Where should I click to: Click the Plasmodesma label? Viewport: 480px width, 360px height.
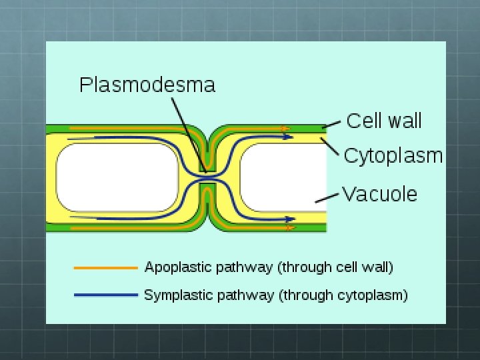[x=147, y=85]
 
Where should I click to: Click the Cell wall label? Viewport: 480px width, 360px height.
[x=384, y=121]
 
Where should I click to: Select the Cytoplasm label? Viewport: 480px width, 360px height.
[x=393, y=155]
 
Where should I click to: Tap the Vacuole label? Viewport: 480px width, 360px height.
[x=379, y=194]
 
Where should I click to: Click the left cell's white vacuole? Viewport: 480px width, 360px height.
[x=117, y=177]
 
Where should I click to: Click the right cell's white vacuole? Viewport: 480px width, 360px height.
[x=280, y=177]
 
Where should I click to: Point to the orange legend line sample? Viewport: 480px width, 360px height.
[x=105, y=268]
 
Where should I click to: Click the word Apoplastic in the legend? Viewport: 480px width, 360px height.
[x=174, y=268]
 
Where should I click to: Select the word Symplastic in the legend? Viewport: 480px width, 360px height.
[x=175, y=295]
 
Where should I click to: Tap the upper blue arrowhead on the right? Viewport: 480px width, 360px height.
[x=289, y=137]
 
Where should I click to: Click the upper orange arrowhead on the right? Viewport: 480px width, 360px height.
[x=285, y=127]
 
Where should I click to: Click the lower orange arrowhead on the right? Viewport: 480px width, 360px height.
[x=289, y=228]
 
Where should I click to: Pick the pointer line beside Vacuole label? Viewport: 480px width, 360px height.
[x=326, y=197]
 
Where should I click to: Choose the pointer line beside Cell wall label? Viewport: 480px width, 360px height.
[x=333, y=124]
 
